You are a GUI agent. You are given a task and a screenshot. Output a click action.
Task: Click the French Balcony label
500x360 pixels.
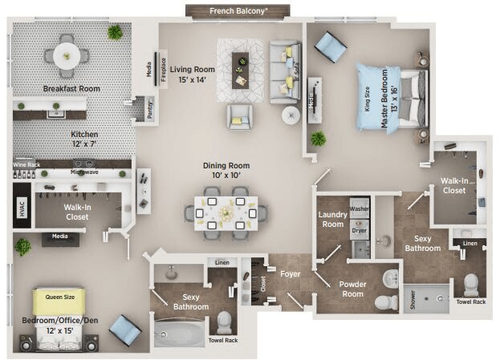point(250,11)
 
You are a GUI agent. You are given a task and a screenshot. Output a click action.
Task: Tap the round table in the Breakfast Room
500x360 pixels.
point(67,55)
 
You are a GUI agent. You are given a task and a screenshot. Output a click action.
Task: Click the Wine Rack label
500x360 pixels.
point(26,164)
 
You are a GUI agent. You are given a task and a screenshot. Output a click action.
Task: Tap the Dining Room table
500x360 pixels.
point(226,212)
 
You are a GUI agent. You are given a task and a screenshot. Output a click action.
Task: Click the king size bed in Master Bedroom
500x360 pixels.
point(392,97)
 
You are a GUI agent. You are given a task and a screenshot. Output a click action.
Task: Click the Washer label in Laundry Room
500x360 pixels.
point(359,208)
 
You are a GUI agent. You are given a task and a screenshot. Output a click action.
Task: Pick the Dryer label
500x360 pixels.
point(359,229)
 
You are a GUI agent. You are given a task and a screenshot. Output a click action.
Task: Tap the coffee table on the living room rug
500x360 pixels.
point(240,70)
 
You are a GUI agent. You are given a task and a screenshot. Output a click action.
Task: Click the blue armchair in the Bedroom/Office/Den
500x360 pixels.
point(125,330)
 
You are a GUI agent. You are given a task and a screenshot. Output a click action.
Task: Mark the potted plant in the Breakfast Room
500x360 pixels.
point(116,32)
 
